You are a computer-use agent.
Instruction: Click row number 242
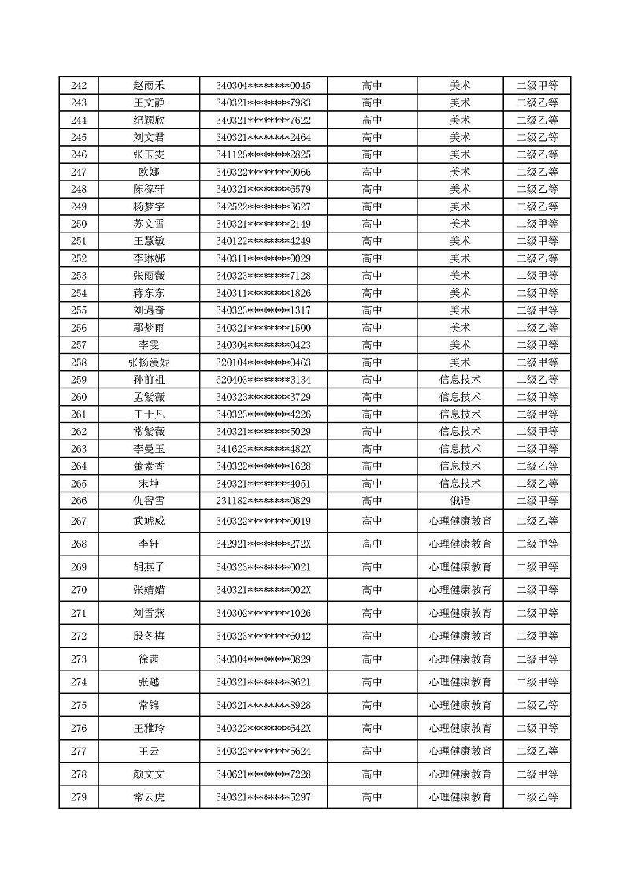[79, 86]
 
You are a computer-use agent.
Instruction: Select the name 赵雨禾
[149, 86]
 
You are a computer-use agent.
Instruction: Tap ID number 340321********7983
[263, 103]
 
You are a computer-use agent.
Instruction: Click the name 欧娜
[149, 173]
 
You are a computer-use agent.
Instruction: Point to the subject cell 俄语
[460, 501]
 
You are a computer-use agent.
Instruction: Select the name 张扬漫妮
[149, 362]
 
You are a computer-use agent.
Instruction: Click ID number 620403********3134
[263, 380]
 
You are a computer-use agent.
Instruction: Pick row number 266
[79, 501]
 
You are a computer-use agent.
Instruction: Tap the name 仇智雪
[149, 501]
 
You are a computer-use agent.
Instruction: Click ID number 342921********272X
[263, 544]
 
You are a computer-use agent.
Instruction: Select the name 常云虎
[149, 797]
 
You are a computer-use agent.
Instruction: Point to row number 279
[79, 797]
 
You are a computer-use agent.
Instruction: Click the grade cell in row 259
[537, 380]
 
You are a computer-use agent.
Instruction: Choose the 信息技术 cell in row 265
[460, 484]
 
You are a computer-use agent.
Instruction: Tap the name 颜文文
[149, 774]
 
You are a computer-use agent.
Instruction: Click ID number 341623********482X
[263, 449]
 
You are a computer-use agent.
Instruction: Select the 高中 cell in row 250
[372, 224]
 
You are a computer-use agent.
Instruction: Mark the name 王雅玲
[149, 728]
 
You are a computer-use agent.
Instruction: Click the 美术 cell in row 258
[460, 362]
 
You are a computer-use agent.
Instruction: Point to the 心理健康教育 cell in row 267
[460, 521]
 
